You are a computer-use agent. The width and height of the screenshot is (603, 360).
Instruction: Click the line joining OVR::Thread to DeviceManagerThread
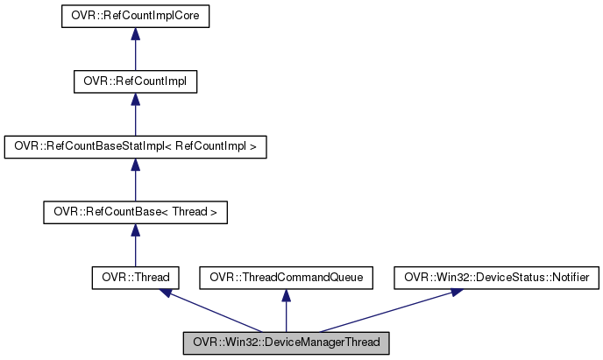pyautogui.click(x=215, y=312)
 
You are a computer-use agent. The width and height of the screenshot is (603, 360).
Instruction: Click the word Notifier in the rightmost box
pyautogui.click(x=572, y=278)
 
